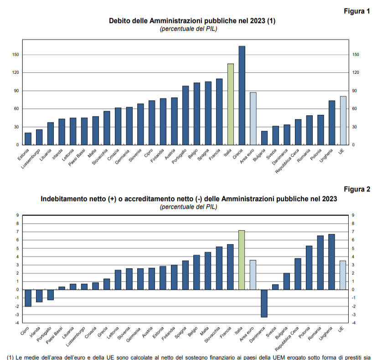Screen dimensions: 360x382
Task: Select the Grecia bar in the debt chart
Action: click(x=242, y=95)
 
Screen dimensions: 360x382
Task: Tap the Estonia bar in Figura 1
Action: click(x=28, y=139)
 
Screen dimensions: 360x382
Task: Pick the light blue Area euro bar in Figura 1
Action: click(x=253, y=118)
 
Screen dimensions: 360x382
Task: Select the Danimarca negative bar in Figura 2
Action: click(x=264, y=303)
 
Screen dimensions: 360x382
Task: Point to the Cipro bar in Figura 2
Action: click(x=28, y=298)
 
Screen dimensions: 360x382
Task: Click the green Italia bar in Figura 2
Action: click(x=242, y=260)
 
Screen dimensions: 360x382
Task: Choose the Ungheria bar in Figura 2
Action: click(x=332, y=262)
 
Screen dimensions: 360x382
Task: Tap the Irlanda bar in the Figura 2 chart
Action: click(x=39, y=296)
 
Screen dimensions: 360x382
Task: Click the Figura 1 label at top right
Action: click(x=356, y=11)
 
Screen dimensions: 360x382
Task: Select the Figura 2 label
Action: click(x=356, y=190)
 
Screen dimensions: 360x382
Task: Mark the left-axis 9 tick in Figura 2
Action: click(x=18, y=216)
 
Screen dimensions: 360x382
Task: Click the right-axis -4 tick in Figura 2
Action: click(x=354, y=323)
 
